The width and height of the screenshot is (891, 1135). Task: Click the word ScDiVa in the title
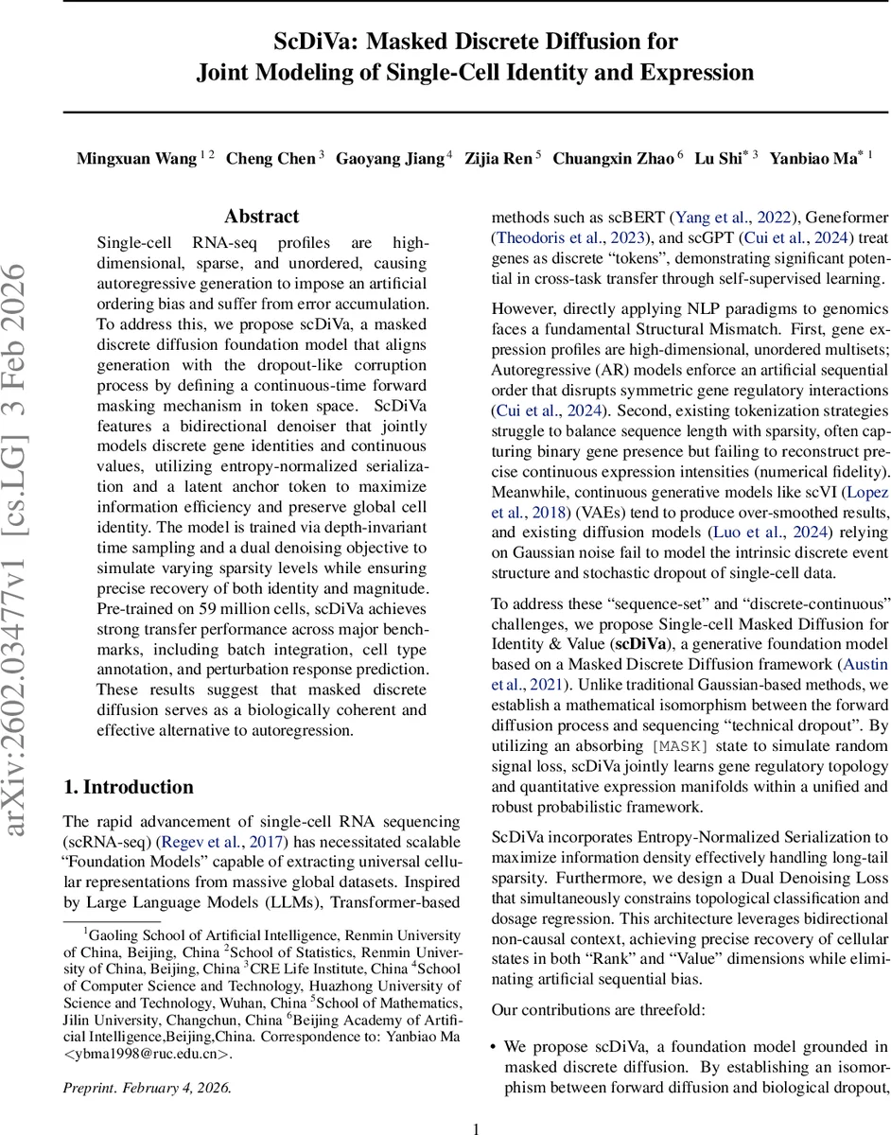click(314, 42)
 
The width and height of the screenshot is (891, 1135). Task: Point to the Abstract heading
click(262, 217)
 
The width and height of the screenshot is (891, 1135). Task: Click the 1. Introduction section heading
click(128, 787)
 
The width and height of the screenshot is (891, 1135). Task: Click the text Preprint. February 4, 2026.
click(147, 1088)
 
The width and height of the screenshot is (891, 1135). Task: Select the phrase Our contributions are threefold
click(598, 1010)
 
